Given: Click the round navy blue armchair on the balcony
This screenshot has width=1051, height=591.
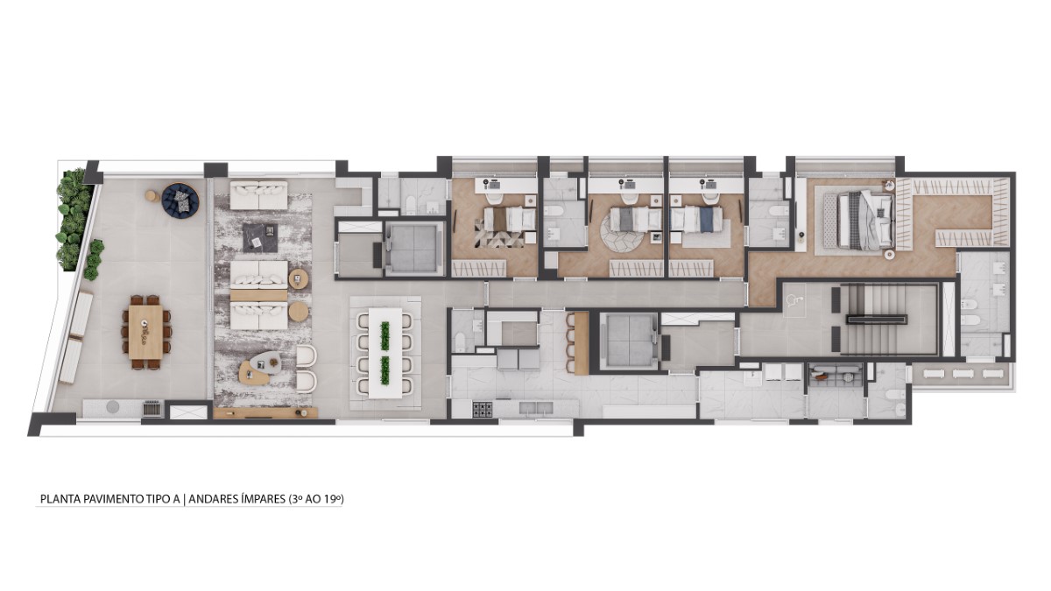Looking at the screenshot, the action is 180,201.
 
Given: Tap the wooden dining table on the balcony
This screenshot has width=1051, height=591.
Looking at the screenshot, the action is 146,332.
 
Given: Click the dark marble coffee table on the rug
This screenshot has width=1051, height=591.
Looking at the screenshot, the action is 260,238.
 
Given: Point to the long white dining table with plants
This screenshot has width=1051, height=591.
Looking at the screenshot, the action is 385,352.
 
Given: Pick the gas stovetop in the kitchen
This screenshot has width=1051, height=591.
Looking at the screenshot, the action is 482,410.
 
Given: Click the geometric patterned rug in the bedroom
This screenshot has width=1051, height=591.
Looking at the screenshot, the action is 499,233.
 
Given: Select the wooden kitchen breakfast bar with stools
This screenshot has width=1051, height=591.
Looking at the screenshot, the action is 582,343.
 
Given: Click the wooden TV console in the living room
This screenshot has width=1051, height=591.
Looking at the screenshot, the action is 265,412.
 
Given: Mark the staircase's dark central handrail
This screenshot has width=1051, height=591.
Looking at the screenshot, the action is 877,320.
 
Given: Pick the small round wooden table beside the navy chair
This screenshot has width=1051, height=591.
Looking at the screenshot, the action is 152,195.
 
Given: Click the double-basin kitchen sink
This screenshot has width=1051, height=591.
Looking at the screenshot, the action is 536,409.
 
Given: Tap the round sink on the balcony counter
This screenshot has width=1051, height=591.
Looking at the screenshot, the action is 113,406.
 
